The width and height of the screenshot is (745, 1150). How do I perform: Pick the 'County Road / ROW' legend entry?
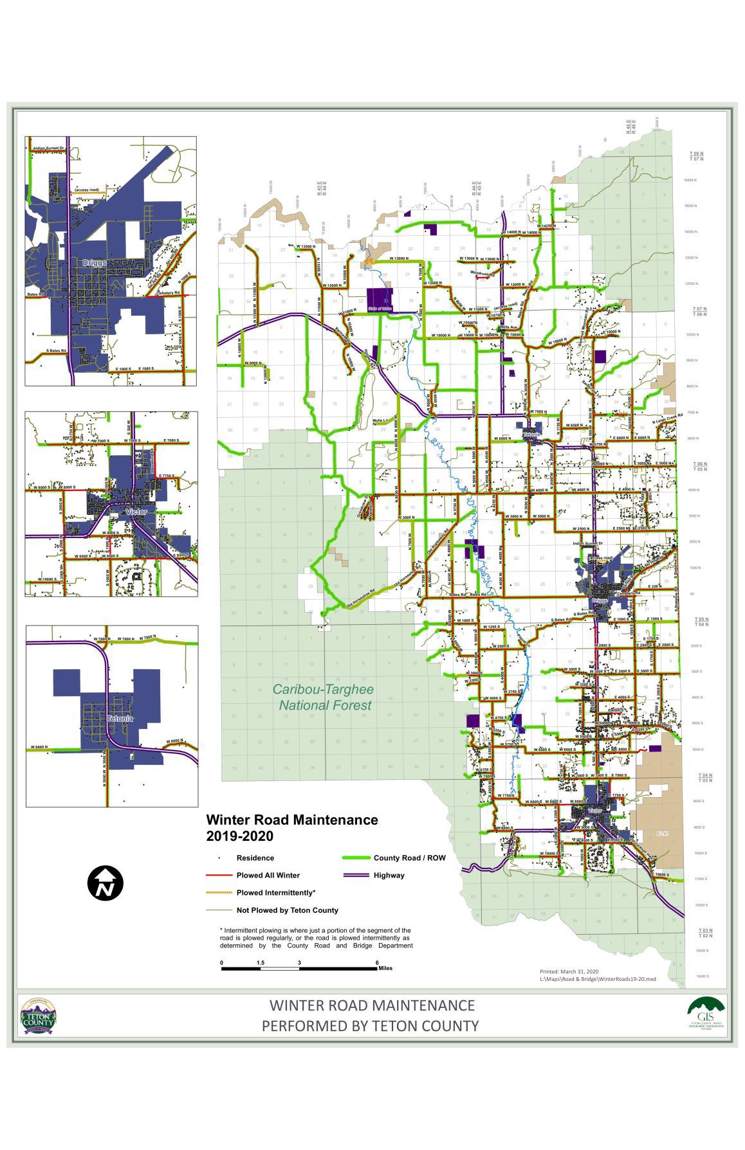[x=409, y=858]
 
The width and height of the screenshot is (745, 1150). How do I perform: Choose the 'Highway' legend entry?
[x=389, y=875]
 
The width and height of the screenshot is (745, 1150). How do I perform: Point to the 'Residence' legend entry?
[x=255, y=858]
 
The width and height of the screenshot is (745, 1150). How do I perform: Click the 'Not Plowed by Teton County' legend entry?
[x=287, y=910]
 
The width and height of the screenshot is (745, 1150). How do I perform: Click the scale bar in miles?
[x=299, y=968]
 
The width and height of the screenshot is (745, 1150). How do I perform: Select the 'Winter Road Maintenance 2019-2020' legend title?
[x=291, y=828]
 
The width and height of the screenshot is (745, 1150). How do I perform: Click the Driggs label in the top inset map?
[x=94, y=264]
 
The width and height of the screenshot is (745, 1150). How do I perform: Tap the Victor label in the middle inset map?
[x=136, y=512]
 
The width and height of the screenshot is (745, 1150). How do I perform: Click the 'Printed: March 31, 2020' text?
[x=569, y=971]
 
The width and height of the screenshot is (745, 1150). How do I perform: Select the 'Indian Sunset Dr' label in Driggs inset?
[x=48, y=148]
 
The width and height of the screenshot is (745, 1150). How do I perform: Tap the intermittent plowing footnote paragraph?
[x=316, y=938]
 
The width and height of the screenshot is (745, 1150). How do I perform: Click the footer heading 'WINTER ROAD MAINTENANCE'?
[x=372, y=1005]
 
